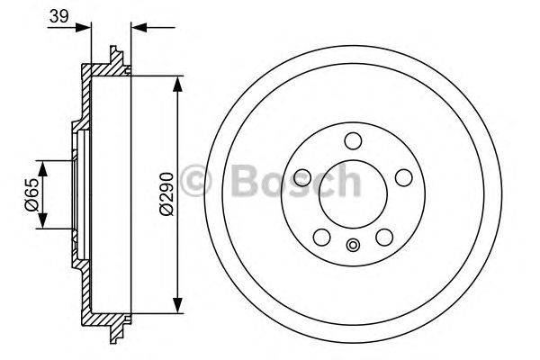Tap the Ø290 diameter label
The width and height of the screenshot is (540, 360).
point(165,193)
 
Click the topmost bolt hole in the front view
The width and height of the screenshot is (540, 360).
point(353,139)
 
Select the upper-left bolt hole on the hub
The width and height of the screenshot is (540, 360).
point(302,175)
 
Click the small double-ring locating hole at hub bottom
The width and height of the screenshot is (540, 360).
point(353,244)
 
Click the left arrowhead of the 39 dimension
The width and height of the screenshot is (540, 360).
point(86,28)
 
